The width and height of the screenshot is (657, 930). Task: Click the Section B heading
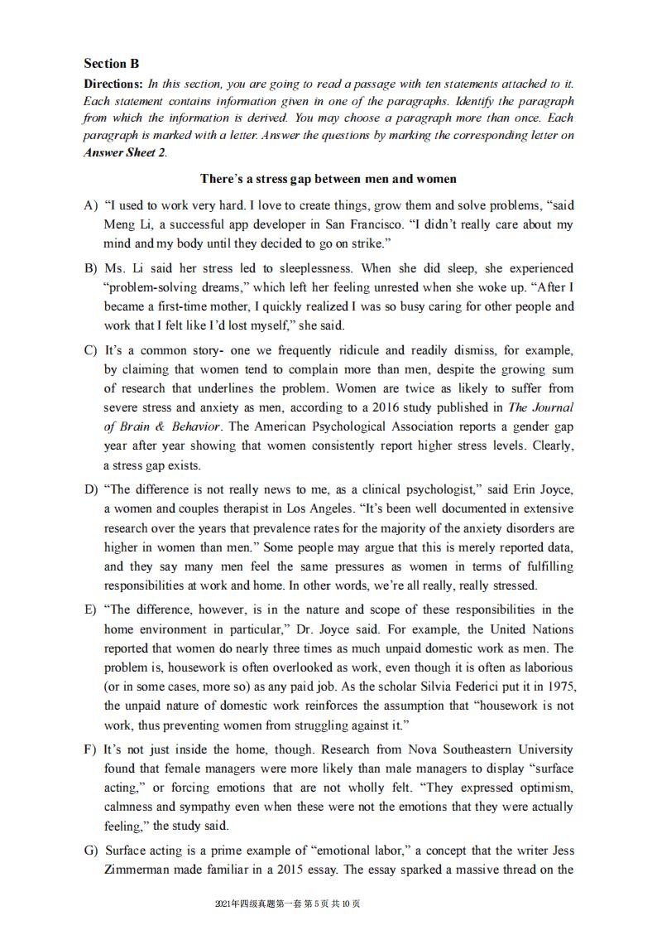coord(112,63)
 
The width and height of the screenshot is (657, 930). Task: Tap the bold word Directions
coord(113,84)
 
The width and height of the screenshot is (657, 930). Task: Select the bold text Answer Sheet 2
coord(124,152)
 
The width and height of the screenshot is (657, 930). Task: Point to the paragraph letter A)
coord(90,205)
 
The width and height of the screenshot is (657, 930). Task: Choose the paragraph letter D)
coord(90,489)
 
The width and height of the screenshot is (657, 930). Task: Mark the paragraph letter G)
coord(90,850)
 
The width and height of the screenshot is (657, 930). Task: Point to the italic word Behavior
coord(196,426)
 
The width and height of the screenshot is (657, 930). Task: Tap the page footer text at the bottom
coord(287,903)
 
